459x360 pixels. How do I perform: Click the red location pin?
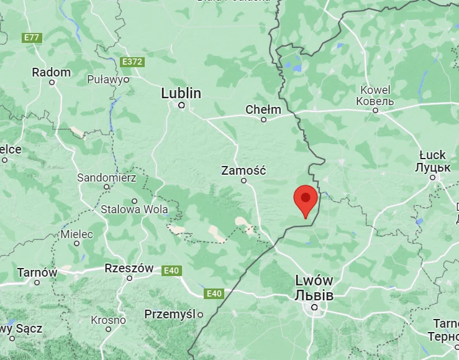click(x=305, y=199)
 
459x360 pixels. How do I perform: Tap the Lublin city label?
click(x=181, y=93)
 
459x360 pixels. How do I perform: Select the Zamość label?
click(x=243, y=170)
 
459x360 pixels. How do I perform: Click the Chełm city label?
click(x=263, y=109)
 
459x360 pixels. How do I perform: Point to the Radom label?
click(x=52, y=72)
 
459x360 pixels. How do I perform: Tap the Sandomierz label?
click(x=106, y=177)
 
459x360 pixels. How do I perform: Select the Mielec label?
click(x=76, y=234)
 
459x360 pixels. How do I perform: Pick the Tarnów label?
click(x=37, y=272)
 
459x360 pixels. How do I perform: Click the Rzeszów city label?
click(x=129, y=268)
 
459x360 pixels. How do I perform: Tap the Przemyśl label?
click(x=170, y=314)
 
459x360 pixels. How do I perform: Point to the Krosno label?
click(x=108, y=320)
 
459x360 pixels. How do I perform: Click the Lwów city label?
click(x=314, y=281)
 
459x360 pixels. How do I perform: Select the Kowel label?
click(x=375, y=90)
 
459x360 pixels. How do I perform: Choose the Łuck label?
click(x=432, y=155)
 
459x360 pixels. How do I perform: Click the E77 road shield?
click(x=31, y=38)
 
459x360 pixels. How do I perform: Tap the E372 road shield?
click(x=132, y=62)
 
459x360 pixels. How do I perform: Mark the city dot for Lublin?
click(x=181, y=105)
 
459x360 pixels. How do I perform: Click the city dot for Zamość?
click(x=244, y=181)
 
